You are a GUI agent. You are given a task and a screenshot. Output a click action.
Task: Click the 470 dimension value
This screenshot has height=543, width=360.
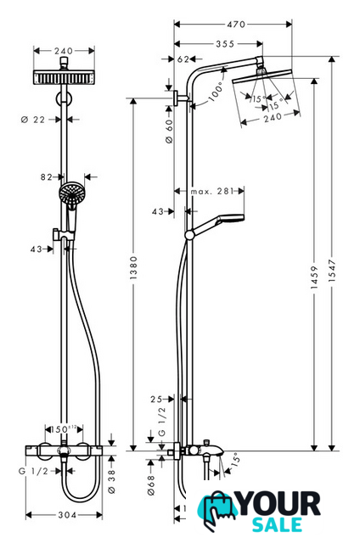coord(236,25)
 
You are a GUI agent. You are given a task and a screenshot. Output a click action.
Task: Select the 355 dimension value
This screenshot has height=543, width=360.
coord(225,44)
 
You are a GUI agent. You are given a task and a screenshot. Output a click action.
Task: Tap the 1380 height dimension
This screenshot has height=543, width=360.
coord(133,268)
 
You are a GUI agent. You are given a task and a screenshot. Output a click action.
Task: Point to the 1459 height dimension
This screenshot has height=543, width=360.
coord(314,277)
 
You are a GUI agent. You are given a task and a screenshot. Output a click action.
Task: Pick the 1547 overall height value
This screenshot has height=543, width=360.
coord(332,271)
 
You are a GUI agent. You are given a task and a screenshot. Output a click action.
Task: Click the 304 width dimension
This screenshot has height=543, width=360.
coord(67,515)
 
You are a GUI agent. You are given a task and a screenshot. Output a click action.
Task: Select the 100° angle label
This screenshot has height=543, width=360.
coord(216,92)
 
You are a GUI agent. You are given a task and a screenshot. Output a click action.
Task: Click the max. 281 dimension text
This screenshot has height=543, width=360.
coord(212,191)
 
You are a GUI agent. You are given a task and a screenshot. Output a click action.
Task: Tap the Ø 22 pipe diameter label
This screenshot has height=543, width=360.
coord(33,120)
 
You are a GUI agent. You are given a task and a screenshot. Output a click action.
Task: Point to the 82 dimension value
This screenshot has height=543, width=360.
coord(47,177)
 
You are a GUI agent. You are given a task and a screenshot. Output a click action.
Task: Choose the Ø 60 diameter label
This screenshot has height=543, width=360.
coord(169,132)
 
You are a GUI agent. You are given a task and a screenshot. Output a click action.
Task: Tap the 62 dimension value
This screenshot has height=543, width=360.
coord(183,59)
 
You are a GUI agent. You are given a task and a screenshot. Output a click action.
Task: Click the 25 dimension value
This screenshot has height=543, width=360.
coord(156,400)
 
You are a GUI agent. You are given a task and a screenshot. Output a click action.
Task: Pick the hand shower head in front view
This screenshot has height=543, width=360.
coord(71,193)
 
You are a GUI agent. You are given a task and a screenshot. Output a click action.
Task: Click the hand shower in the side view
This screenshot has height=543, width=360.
coord(217,224)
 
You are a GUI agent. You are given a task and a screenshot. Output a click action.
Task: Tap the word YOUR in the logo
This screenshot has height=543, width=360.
coord(279,504)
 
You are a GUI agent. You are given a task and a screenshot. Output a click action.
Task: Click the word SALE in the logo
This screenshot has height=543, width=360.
coord(277,524)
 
